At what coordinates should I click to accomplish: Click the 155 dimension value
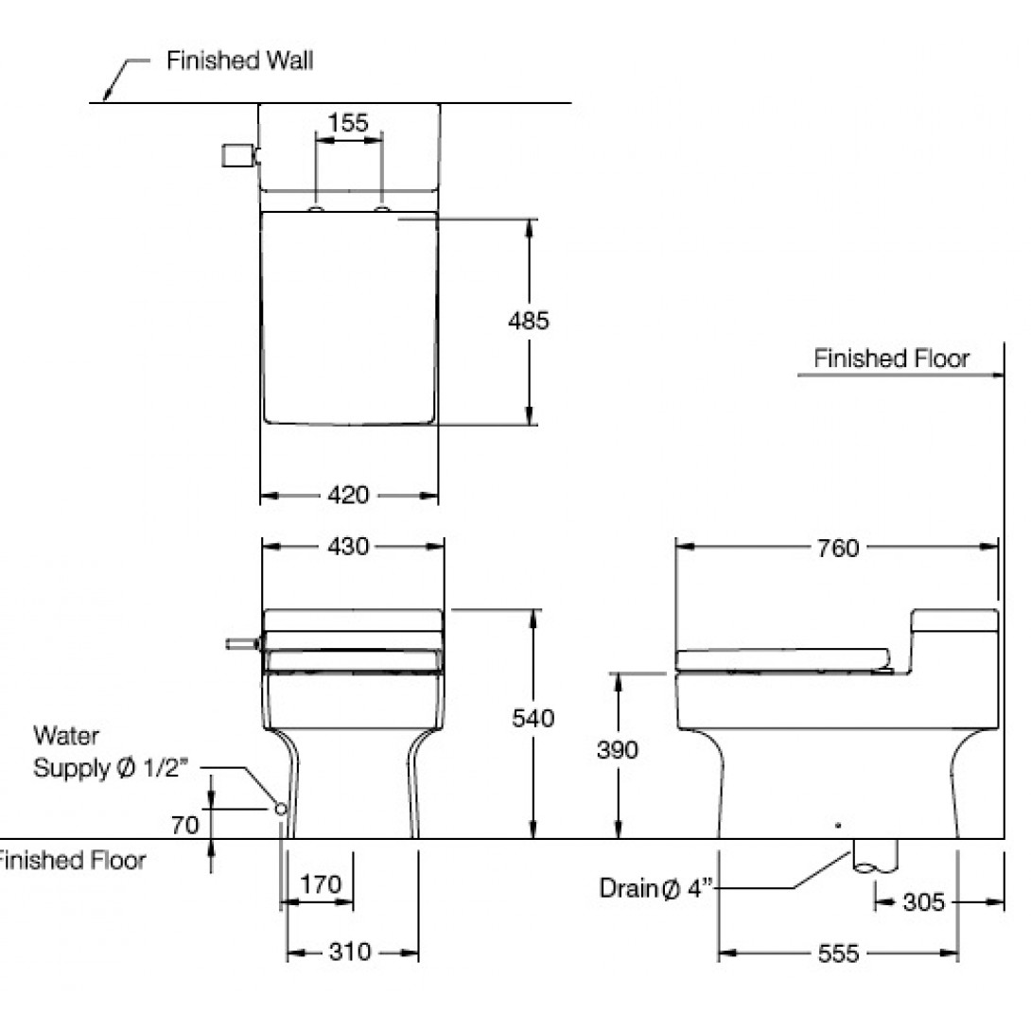tap(347, 123)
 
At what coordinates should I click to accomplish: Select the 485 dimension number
tap(528, 321)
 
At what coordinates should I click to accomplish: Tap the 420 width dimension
tap(349, 495)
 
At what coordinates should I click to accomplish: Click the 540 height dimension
tap(533, 719)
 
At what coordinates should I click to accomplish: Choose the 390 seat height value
tap(617, 750)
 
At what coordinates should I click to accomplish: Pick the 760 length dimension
tap(836, 548)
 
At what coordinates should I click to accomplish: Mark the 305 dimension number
tap(923, 902)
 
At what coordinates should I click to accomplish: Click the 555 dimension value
tap(838, 954)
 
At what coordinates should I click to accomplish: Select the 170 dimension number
tap(320, 885)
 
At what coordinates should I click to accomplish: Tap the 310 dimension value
tap(350, 952)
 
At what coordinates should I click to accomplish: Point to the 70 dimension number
tap(185, 825)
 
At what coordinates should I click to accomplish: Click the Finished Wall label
tap(239, 61)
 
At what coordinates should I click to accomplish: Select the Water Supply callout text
tap(110, 753)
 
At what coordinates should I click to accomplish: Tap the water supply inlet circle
tap(280, 810)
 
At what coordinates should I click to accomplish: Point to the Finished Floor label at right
tap(891, 358)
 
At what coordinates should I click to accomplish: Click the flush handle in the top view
tap(237, 156)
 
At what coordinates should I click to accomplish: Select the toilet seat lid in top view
tap(349, 319)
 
